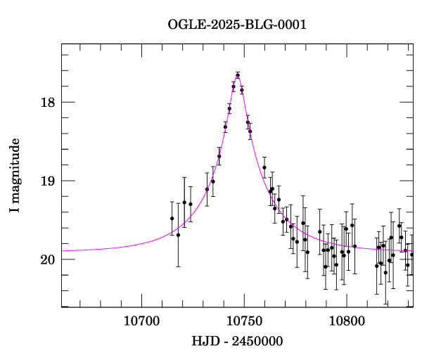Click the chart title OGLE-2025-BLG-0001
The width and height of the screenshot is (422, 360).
point(237,25)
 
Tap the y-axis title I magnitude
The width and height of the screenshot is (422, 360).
point(15,176)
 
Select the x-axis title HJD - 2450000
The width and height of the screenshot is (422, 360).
point(237,341)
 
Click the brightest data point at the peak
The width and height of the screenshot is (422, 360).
point(238,75)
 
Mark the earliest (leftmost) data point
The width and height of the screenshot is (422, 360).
point(172,219)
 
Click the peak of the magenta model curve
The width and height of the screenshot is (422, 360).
point(238,75)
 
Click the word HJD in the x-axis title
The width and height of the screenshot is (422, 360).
point(204,341)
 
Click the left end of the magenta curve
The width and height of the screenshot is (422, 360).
point(63,250)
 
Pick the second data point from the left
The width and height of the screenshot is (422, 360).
point(178,235)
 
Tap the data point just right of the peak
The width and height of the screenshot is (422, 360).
point(242,90)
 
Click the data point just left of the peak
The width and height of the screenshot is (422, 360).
point(234,86)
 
